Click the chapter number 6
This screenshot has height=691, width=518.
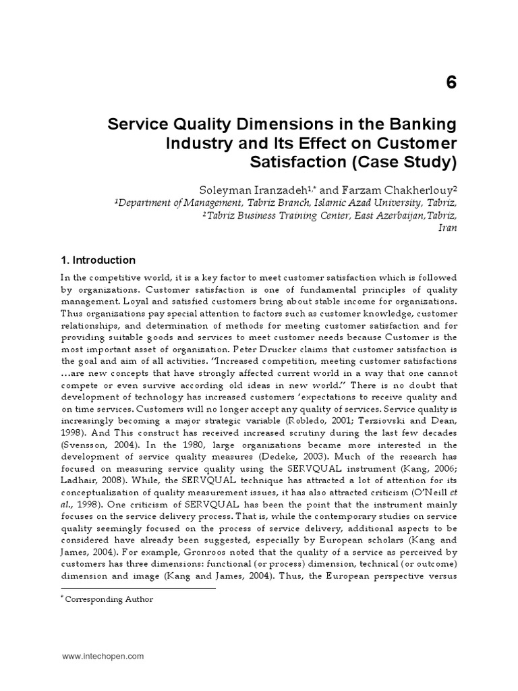451,83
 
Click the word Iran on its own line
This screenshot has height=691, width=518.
448,228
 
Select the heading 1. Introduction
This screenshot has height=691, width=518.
98,260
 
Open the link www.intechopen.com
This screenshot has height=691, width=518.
103,655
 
